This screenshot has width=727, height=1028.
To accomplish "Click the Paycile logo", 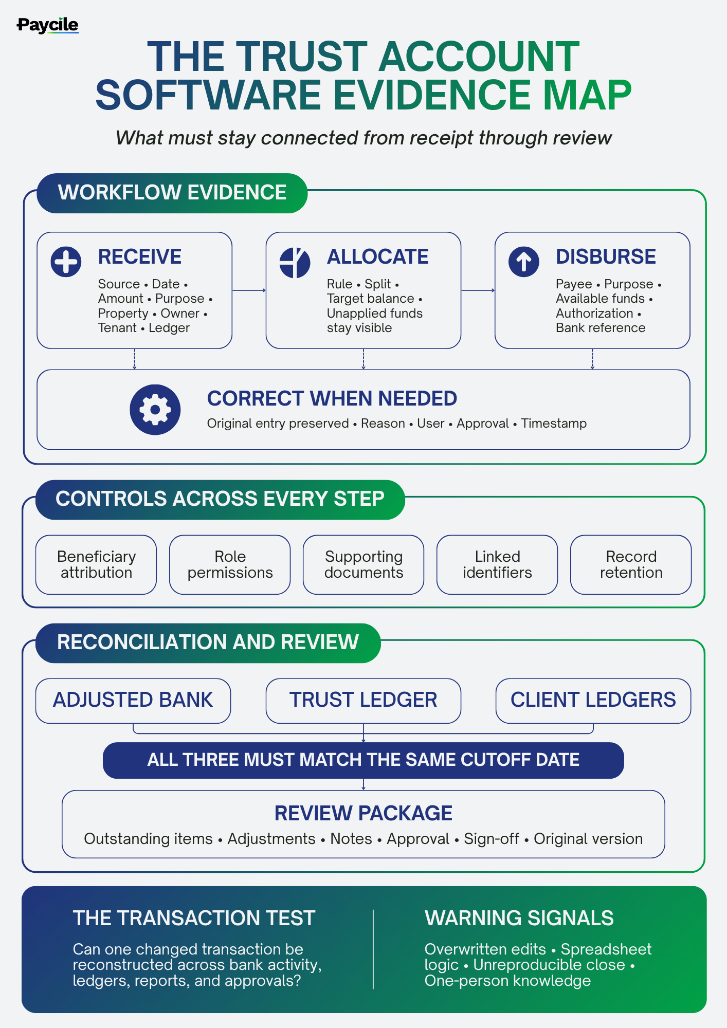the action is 47,25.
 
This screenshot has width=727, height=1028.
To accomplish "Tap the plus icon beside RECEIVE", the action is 66,262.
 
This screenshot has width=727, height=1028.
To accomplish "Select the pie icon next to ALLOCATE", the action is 295,262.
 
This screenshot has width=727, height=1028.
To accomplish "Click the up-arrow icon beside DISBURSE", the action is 523,262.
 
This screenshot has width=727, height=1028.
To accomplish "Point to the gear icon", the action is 155,410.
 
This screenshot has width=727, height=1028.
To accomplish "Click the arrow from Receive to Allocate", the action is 249,290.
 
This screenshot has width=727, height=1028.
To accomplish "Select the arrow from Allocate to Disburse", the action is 478,290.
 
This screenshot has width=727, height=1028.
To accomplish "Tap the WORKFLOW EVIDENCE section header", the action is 172,193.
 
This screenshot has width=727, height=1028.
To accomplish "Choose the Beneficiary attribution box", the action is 96,565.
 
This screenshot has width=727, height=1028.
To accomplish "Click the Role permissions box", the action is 230,565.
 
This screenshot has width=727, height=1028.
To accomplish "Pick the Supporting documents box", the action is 364,565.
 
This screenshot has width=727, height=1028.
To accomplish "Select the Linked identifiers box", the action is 497,565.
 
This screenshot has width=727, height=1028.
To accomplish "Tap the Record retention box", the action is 631,565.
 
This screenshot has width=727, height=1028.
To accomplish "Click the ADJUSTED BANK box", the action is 133,701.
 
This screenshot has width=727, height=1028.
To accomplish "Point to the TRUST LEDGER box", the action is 364,701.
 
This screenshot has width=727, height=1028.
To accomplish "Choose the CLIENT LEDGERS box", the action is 593,701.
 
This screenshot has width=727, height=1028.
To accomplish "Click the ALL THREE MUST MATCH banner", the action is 364,760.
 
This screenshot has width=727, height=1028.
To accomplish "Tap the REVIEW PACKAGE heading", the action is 364,813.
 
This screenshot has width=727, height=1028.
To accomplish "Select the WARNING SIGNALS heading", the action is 519,918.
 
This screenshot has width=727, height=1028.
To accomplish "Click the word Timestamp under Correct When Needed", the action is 554,424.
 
